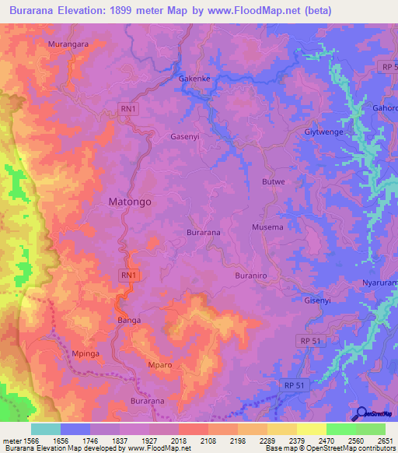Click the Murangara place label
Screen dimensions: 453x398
pyautogui.click(x=68, y=44)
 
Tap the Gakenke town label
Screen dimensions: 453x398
pyautogui.click(x=194, y=79)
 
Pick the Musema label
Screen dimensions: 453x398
pyautogui.click(x=267, y=227)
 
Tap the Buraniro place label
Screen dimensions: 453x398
pyautogui.click(x=251, y=276)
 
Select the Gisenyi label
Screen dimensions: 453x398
pyautogui.click(x=318, y=300)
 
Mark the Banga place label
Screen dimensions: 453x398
pyautogui.click(x=127, y=320)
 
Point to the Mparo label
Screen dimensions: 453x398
pyautogui.click(x=159, y=365)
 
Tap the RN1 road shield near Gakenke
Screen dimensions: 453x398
pyautogui.click(x=129, y=109)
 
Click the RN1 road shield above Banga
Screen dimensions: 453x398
pyautogui.click(x=129, y=276)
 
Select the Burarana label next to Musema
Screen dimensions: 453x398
pyautogui.click(x=204, y=233)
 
